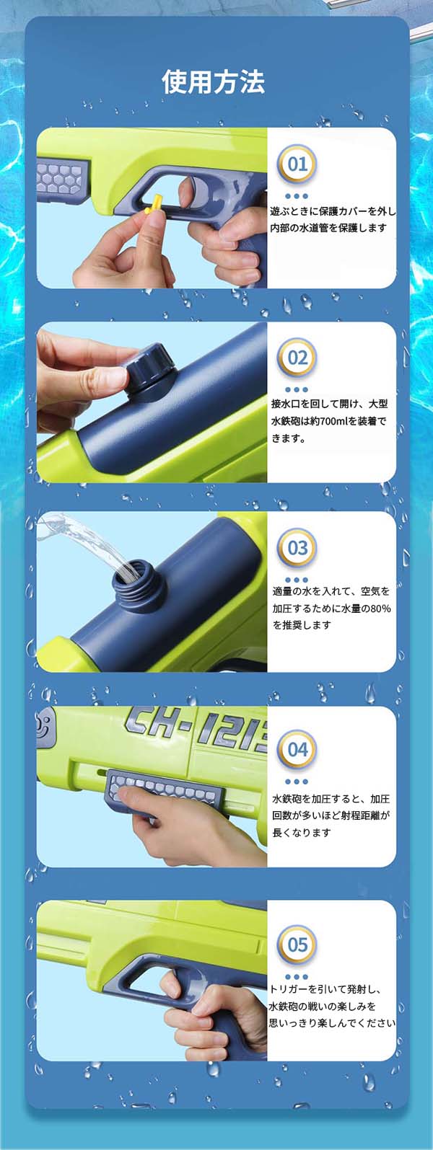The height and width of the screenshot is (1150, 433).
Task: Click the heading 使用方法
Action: pos(214,81)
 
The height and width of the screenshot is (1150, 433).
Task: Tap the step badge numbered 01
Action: pos(297,165)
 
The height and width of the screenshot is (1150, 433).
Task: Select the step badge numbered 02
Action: pos(297,358)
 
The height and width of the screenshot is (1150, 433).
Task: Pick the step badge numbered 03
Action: pos(297,548)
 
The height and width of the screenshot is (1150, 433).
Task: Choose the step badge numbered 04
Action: pos(297,750)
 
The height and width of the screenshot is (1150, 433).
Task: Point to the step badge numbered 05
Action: pos(297,945)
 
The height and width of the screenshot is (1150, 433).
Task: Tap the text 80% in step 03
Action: pos(381,609)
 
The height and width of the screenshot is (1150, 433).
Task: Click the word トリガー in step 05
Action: pos(289,989)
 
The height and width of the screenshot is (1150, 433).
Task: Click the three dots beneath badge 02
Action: pos(297,389)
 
